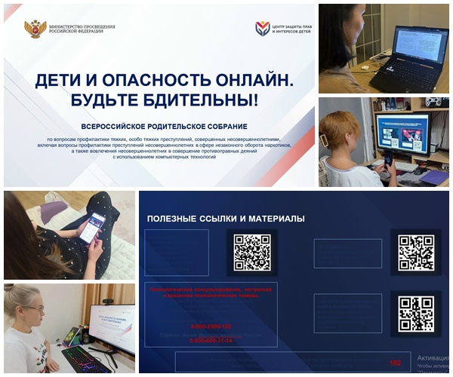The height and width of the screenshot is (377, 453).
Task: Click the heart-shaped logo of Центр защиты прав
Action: point(262,29)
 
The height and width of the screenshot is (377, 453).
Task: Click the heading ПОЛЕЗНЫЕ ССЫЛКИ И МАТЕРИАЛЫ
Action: point(226,219)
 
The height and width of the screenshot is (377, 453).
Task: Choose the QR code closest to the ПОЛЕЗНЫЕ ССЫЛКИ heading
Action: point(251,252)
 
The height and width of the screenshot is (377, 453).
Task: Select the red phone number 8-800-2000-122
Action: point(211,326)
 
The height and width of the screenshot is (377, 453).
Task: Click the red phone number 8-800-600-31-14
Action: point(211,341)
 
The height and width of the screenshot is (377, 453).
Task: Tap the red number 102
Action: point(393,362)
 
